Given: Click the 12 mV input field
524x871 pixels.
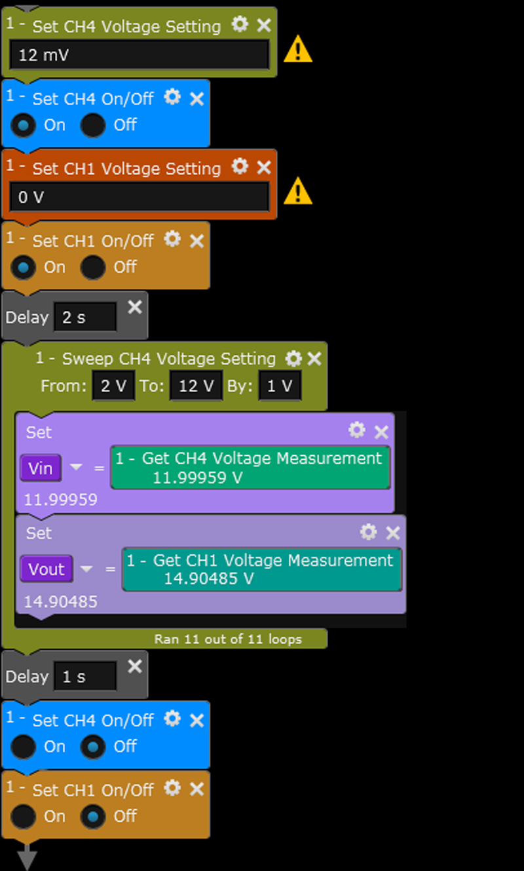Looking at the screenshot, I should point(140,54).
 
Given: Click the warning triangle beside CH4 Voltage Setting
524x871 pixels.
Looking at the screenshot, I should point(298,49).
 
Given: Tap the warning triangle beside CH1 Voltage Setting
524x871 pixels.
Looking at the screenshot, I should point(298,191).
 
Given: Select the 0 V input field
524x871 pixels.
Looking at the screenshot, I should point(140,197).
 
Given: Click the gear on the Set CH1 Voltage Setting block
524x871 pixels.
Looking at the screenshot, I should point(240,167).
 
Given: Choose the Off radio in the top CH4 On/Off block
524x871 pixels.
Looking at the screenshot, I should point(92,125).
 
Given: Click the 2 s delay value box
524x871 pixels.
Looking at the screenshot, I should point(85,317).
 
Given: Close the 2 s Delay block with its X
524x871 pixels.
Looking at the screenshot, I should point(134,307).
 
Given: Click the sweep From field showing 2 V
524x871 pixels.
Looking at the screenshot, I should point(113,386).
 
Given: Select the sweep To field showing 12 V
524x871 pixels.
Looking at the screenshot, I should point(196,386).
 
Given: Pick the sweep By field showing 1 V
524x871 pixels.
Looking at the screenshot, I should point(280,386).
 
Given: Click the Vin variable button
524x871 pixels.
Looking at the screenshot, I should point(41,468).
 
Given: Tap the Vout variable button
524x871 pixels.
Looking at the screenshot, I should point(47,569).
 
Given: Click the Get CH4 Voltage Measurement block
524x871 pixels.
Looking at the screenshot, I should point(250,467).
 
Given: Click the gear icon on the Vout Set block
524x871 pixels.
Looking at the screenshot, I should point(369,532).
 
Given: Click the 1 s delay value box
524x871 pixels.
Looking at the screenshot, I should point(85,677).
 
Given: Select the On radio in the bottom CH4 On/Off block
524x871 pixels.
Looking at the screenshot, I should point(23,746).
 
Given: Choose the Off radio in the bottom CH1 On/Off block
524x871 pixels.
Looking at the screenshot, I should point(92,816).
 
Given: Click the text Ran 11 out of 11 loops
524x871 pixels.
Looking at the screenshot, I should point(228,639).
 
